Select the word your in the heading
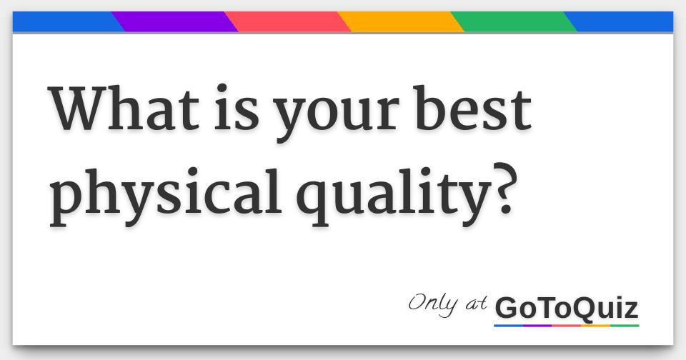[318, 118]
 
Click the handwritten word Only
[433, 303]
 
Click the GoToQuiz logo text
[566, 309]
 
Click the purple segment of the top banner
[175, 21]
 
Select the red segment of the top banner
[288, 21]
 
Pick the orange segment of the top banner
[401, 21]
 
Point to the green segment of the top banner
[514, 21]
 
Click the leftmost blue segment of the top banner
[64, 21]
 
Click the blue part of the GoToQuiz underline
[508, 326]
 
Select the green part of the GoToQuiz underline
[625, 326]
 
